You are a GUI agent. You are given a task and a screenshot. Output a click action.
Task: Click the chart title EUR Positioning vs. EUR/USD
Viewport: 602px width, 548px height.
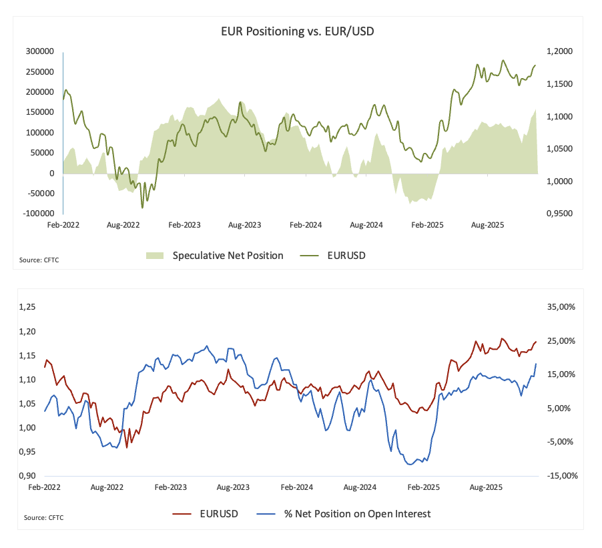pos(302,31)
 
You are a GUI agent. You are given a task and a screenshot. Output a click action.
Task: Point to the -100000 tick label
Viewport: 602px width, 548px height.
pos(39,214)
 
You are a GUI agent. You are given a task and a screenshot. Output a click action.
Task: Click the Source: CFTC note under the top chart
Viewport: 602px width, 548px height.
pos(40,260)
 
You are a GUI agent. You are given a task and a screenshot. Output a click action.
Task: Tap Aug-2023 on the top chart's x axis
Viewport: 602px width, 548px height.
pos(246,226)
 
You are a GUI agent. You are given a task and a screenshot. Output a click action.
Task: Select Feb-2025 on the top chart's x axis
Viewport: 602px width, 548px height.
pos(428,226)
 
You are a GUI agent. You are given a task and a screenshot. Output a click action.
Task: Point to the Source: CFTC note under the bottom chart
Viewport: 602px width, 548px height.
pos(44,517)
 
